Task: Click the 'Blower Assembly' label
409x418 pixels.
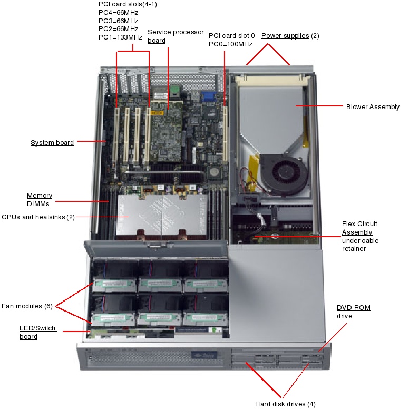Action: click(373, 107)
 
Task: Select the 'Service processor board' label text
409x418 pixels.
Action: click(176, 36)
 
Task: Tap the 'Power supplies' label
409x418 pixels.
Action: click(285, 36)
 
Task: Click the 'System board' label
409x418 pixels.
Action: click(52, 142)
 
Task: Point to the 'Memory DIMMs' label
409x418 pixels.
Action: click(40, 200)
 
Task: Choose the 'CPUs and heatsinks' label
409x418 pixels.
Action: click(33, 217)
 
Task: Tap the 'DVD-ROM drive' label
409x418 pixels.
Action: click(353, 312)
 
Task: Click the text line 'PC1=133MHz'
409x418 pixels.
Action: click(120, 37)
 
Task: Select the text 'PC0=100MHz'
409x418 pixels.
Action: click(231, 44)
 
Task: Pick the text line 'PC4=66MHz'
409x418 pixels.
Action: click(118, 12)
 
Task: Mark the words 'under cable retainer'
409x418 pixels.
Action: click(360, 245)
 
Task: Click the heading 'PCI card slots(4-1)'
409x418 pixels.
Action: click(128, 4)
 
